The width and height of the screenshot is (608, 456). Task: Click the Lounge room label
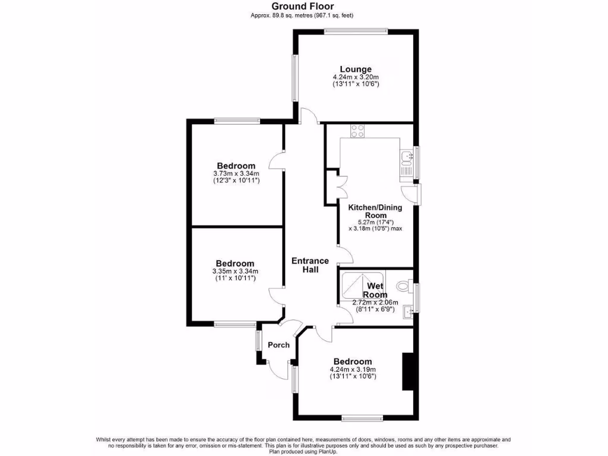coord(356,69)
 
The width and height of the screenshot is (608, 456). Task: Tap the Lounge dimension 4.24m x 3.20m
coord(356,77)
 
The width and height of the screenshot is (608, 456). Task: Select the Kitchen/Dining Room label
coord(375,211)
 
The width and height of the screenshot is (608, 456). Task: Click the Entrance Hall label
coord(310,265)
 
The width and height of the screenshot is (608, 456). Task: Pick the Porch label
coord(278,345)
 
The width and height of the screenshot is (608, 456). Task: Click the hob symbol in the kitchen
coord(357,131)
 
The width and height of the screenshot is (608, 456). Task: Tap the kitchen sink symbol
coord(407,157)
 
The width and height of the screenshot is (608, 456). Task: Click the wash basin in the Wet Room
coord(407,311)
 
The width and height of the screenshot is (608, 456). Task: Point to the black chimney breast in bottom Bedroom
coord(408,371)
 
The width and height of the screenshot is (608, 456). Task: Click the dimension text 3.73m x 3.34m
coord(236,173)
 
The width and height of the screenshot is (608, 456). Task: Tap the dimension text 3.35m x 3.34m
coord(235,271)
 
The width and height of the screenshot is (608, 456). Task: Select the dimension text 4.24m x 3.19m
coord(353,369)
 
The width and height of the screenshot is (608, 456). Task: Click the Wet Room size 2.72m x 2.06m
coord(375,302)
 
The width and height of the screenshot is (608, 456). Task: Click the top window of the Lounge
coord(356,30)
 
